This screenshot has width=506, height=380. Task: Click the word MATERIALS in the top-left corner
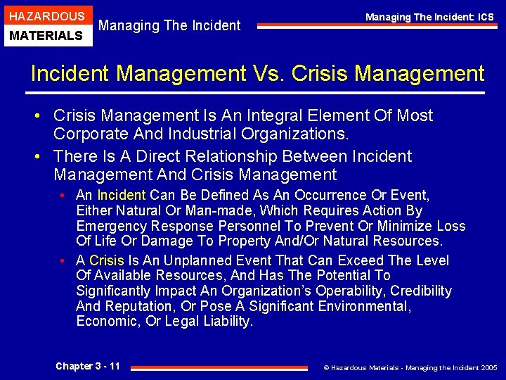point(46,35)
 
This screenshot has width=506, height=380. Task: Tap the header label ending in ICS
point(429,17)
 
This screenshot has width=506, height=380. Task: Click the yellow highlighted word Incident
point(122,195)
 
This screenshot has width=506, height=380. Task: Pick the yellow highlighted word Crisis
point(106,260)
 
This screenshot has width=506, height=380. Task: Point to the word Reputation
point(142,306)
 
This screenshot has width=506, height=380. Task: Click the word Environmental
point(364,306)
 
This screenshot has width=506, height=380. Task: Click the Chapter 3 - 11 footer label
point(88,366)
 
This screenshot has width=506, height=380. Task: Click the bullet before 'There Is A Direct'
point(43,156)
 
